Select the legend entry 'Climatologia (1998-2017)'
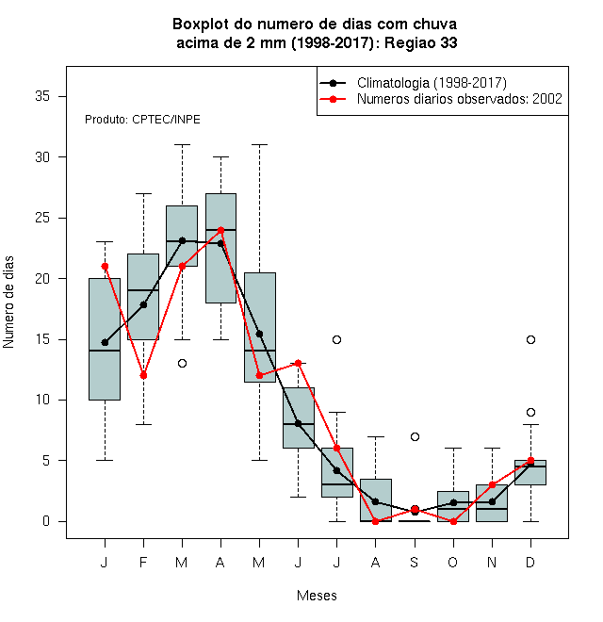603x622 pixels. (x=413, y=83)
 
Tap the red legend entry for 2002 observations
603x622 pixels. (x=441, y=99)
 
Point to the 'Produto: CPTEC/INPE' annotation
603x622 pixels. (x=142, y=120)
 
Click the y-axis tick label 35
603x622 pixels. (x=42, y=96)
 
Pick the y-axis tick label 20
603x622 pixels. (x=42, y=278)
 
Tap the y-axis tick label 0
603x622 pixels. (x=46, y=521)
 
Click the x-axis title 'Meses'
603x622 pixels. (x=317, y=596)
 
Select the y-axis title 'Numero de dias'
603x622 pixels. (x=8, y=302)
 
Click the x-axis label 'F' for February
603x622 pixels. (x=143, y=562)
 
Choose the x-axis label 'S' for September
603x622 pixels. (x=415, y=562)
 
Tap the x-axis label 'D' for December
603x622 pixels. (x=530, y=562)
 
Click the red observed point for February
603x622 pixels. (x=143, y=375)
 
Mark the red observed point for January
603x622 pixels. (x=105, y=266)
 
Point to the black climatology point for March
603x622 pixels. (x=182, y=240)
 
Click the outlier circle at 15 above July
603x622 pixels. (x=336, y=339)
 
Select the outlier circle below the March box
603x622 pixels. (x=182, y=364)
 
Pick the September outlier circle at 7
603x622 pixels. (x=415, y=436)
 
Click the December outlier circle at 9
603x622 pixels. (x=530, y=413)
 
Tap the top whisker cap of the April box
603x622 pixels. (x=221, y=156)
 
